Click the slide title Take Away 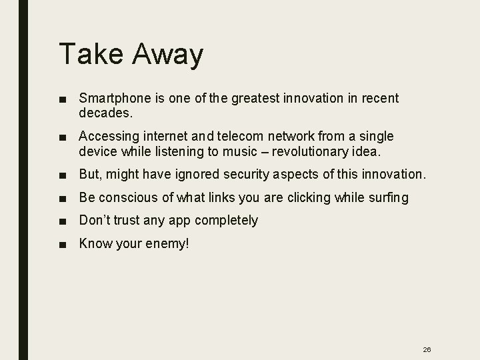coord(131,55)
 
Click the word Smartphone coord(115,99)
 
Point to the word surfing coord(388,197)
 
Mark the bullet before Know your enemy coord(63,244)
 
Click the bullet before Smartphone coord(63,99)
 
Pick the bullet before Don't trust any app coord(63,221)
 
